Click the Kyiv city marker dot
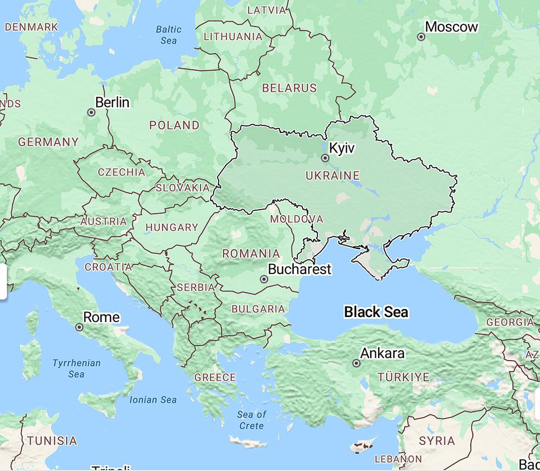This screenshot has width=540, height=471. (x=325, y=158)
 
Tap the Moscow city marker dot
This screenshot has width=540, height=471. (x=421, y=37)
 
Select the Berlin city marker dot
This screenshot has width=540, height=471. (x=91, y=113)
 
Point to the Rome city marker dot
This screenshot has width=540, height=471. (x=80, y=327)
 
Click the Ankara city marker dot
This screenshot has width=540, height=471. (x=356, y=363)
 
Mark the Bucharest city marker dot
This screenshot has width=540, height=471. (x=264, y=279)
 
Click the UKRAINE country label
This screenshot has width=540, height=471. (x=333, y=176)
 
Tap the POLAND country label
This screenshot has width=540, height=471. (x=174, y=125)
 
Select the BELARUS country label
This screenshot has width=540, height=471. (x=289, y=88)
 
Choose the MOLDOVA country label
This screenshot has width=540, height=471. (x=296, y=219)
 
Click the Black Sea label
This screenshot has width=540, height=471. (x=376, y=312)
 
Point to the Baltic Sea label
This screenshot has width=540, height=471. (x=169, y=35)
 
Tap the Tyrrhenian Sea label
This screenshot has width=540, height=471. (x=76, y=368)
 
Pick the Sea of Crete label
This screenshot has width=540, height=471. (x=252, y=420)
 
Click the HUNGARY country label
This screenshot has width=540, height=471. (x=171, y=227)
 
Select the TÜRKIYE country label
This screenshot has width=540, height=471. (x=404, y=377)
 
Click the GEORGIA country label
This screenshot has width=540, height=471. (x=510, y=322)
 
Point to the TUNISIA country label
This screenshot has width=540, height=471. (x=52, y=440)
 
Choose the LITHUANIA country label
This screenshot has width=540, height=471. (x=233, y=37)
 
